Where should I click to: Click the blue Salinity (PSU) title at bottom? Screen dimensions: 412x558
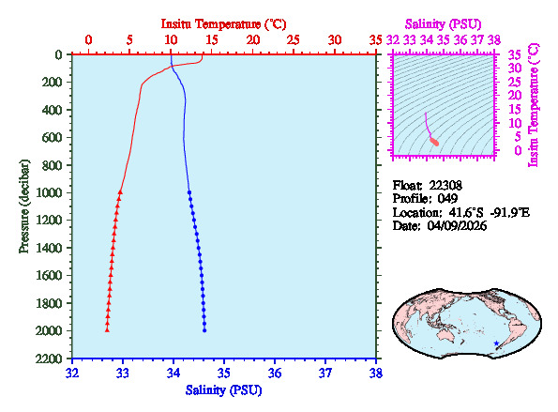point(223,389)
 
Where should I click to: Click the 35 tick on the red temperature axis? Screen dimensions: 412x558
point(376,39)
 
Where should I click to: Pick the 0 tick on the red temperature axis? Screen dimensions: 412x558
point(88,39)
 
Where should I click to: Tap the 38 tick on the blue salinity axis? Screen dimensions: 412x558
point(376,373)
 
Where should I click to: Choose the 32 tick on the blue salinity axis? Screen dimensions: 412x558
point(73,373)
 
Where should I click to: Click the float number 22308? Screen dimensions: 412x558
point(445,185)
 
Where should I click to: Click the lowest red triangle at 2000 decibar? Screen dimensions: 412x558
point(107,330)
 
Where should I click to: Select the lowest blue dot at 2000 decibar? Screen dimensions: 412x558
point(204,330)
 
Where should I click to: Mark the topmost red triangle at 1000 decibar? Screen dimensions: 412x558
point(120,192)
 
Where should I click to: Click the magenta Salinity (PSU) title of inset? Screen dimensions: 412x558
point(445,23)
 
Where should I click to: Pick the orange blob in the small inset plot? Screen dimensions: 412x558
point(434,141)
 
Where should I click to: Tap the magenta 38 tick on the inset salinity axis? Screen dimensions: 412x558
point(495,40)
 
